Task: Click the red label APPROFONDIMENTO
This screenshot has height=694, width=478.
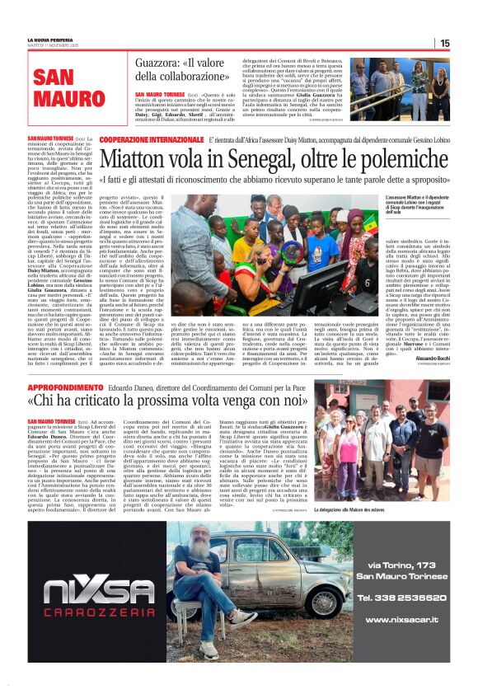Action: point(66,386)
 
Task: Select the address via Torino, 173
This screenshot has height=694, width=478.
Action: point(402,565)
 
